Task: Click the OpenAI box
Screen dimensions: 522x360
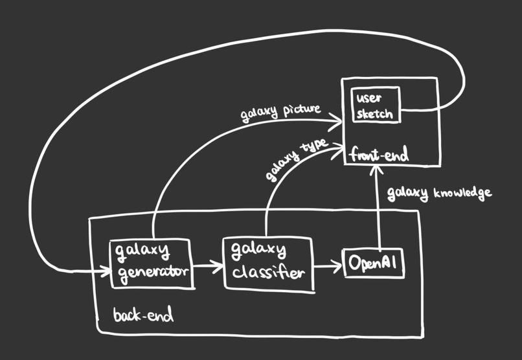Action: tap(374, 263)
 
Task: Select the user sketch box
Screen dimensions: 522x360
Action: tap(376, 105)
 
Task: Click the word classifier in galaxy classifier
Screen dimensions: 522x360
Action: tap(268, 272)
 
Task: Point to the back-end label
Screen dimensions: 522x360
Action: tap(144, 314)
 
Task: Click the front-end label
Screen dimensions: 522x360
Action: tap(379, 154)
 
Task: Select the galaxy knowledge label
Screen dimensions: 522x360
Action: tap(440, 194)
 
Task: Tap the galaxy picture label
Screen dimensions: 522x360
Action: tap(280, 113)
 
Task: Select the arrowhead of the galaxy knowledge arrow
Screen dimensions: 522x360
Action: tap(376, 170)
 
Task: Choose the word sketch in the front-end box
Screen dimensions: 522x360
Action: tap(374, 113)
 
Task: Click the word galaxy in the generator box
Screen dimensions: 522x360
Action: tap(142, 251)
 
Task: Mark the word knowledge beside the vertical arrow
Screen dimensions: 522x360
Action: tap(463, 194)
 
